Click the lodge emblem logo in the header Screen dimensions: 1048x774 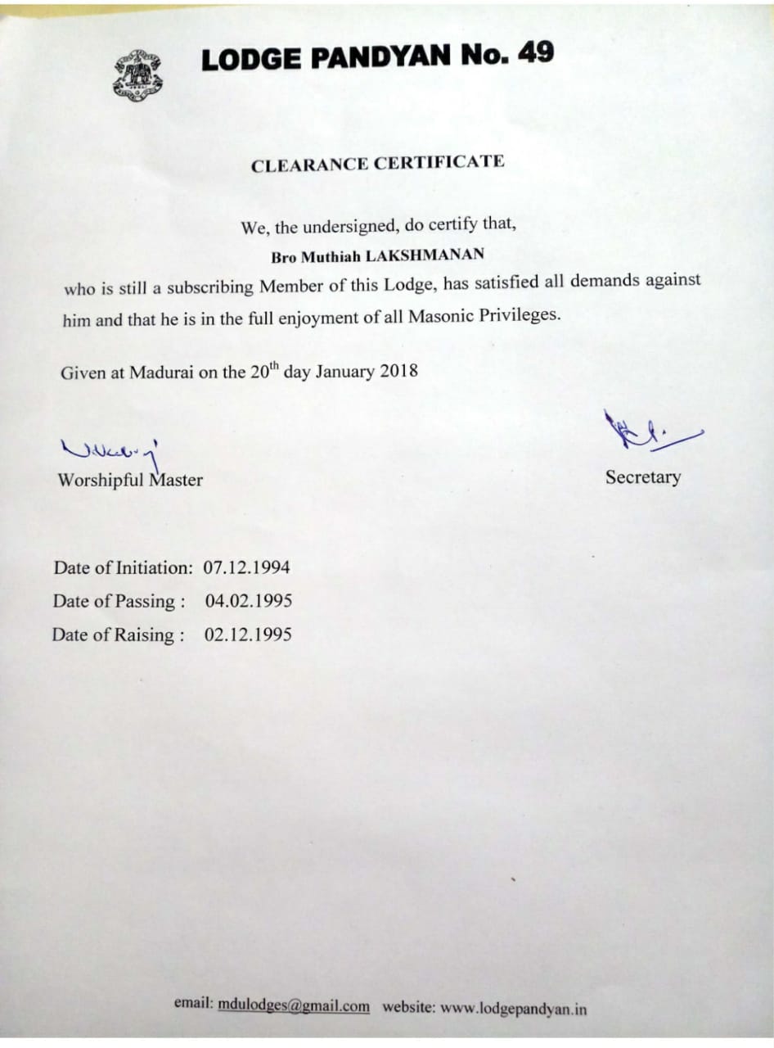pyautogui.click(x=137, y=75)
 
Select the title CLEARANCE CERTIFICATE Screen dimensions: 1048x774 pyautogui.click(x=377, y=163)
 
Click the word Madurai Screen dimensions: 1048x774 pyautogui.click(x=161, y=373)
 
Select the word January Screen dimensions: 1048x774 pyautogui.click(x=344, y=371)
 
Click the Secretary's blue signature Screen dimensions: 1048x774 pyautogui.click(x=646, y=429)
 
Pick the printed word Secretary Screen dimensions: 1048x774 pyautogui.click(x=642, y=477)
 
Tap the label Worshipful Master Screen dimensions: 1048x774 pyautogui.click(x=130, y=481)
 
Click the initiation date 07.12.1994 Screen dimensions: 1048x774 pyautogui.click(x=246, y=567)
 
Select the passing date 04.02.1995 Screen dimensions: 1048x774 pyautogui.click(x=248, y=601)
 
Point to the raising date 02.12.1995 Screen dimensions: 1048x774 pyautogui.click(x=247, y=635)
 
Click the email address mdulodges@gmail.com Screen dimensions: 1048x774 pyautogui.click(x=294, y=1006)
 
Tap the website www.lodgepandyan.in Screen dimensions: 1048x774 pyautogui.click(x=513, y=1008)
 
